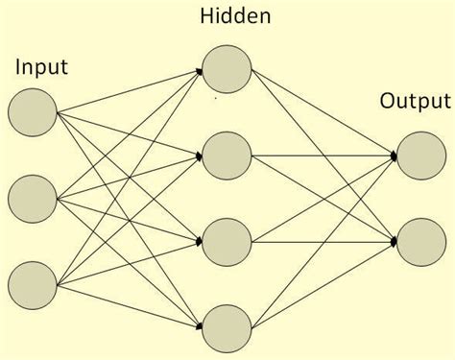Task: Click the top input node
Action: tap(32, 112)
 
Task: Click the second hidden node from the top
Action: tap(227, 153)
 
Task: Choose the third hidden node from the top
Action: tap(227, 240)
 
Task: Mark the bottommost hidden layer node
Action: tap(227, 326)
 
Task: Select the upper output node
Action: tap(419, 155)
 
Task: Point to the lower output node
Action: tap(419, 239)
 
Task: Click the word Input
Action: tap(40, 68)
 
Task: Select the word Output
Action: tap(416, 101)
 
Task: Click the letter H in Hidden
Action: tap(206, 16)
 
